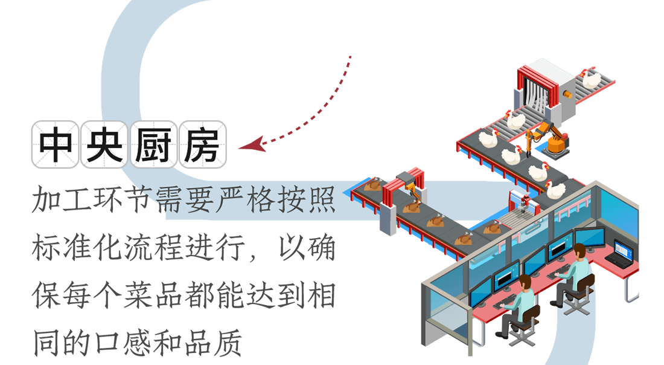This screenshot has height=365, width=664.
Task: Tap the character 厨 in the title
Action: tap(153, 144)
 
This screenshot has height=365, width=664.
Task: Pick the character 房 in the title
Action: tap(202, 144)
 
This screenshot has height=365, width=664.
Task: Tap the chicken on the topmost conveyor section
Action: tap(590, 79)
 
